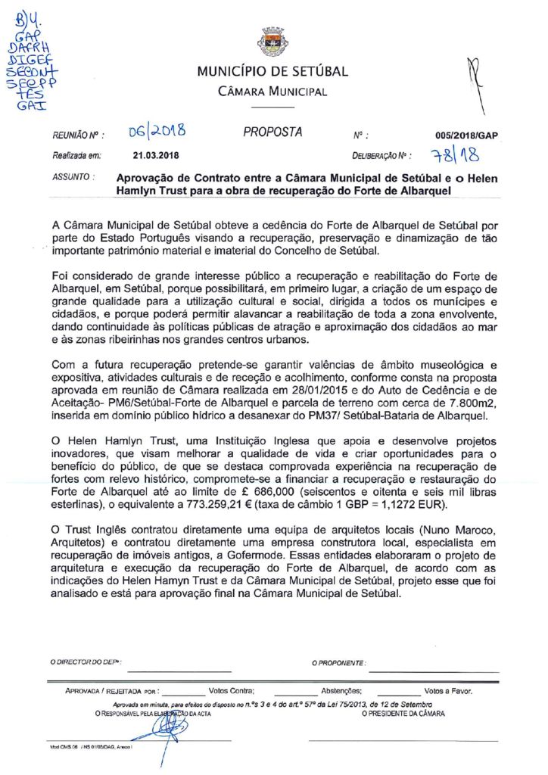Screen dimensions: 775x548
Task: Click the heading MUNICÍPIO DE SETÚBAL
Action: (x=272, y=72)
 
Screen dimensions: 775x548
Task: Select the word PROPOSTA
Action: (x=272, y=132)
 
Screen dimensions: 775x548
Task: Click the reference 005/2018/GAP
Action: (x=467, y=136)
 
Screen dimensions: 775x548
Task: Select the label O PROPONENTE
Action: (x=339, y=662)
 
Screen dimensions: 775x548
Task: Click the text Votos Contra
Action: (x=232, y=691)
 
